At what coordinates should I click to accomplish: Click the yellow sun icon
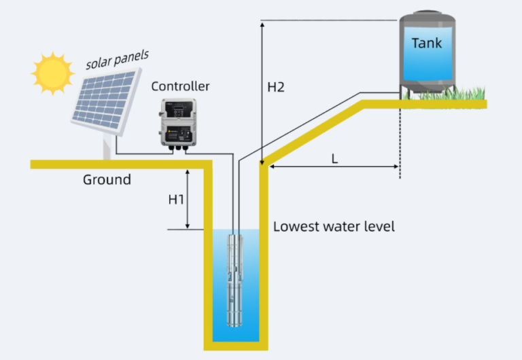(52, 73)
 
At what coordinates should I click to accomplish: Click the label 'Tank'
(426, 43)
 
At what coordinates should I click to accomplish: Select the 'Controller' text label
(180, 86)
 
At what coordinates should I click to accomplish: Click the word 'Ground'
(107, 180)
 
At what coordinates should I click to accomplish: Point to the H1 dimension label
(177, 200)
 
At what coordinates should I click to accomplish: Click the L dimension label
(334, 158)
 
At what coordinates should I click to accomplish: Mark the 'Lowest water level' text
(334, 226)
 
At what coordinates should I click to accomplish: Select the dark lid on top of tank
(427, 14)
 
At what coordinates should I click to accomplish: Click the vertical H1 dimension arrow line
(188, 200)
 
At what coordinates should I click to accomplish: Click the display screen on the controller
(178, 109)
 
